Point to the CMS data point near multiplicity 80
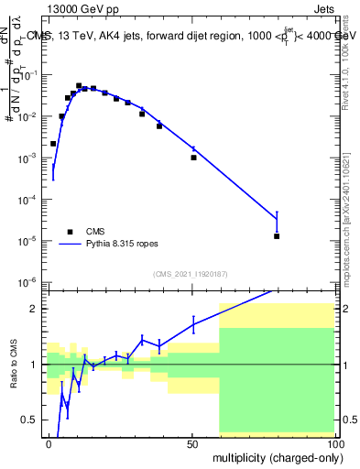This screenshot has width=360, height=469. click(277, 236)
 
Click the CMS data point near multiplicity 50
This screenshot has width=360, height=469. click(193, 158)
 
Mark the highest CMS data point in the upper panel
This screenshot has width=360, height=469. click(79, 85)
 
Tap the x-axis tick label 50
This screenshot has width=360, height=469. click(192, 442)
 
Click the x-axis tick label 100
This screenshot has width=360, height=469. click(333, 442)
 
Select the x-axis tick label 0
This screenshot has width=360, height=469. click(49, 442)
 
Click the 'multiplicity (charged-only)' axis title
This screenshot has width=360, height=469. click(273, 456)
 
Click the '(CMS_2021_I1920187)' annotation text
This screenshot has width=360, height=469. click(190, 274)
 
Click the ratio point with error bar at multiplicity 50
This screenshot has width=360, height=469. click(193, 323)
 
